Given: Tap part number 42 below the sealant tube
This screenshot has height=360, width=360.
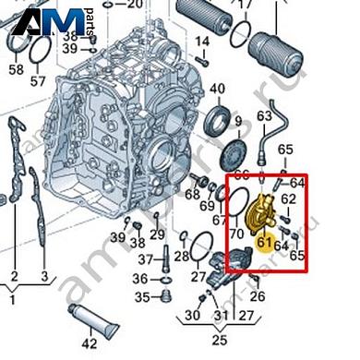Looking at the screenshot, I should click(89, 344).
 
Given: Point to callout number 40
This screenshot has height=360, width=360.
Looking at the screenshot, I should click(218, 90).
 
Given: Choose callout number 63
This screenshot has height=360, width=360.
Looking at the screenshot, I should click(264, 116).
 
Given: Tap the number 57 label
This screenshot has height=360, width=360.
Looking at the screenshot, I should click(37, 81).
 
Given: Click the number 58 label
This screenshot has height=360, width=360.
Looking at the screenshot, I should click(14, 69).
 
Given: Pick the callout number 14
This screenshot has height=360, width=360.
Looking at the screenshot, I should click(202, 42).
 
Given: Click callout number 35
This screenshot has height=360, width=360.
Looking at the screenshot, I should click(141, 296).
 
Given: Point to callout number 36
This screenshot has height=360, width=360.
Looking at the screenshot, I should click(139, 279).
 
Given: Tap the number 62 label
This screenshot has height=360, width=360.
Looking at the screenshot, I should click(288, 198).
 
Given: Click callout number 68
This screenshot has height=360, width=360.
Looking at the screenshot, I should click(193, 195).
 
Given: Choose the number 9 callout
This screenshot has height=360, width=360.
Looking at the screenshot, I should click(238, 121).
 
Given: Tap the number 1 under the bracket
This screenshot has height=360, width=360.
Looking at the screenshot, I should click(11, 299).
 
